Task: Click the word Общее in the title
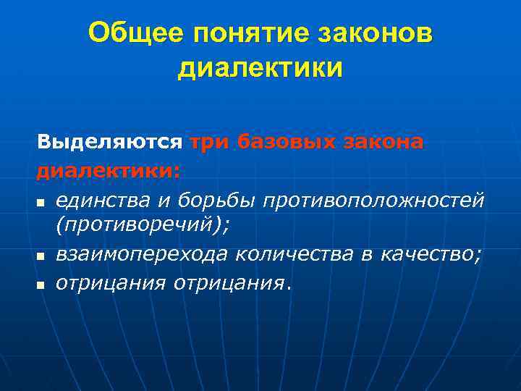coord(135,33)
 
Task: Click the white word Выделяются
coord(110,143)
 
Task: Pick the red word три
coord(210,143)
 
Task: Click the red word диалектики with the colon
coord(109,172)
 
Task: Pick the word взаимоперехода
coord(138,255)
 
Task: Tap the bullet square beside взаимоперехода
coord(41,257)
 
